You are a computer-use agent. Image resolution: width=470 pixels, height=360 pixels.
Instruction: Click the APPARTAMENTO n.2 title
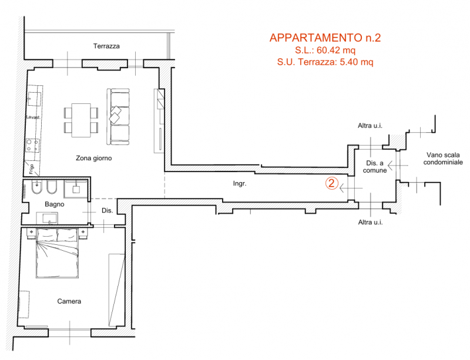[325, 38]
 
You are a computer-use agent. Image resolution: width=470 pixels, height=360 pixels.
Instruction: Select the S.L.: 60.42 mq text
[325, 50]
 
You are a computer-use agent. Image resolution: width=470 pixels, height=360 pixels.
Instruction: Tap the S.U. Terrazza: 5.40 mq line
[325, 62]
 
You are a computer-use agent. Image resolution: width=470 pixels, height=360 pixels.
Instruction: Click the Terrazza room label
[106, 46]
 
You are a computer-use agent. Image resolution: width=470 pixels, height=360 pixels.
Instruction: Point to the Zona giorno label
[94, 158]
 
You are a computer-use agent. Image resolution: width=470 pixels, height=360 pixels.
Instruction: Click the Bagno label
[54, 204]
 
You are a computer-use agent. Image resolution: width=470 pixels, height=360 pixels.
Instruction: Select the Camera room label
[69, 301]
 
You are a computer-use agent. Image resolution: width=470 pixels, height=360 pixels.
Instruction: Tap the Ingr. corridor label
[240, 183]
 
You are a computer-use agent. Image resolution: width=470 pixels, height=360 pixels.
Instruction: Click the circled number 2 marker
[332, 183]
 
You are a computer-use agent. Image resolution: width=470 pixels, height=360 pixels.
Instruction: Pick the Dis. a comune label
[375, 167]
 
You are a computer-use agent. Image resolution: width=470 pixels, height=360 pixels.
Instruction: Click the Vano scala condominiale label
[443, 159]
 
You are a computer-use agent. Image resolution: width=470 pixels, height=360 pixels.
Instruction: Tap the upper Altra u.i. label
[370, 126]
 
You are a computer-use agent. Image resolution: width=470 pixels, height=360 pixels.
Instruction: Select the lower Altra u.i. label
[371, 222]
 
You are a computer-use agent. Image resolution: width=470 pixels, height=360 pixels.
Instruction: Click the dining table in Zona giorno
[81, 120]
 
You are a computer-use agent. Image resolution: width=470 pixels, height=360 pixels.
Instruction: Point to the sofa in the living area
[118, 117]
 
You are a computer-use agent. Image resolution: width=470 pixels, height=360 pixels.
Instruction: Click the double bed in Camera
[57, 253]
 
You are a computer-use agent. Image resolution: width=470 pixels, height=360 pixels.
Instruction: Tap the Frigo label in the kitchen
[32, 169]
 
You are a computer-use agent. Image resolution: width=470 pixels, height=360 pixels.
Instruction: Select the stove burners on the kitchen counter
[33, 146]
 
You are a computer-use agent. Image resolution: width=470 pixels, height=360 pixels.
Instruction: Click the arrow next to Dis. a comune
[398, 166]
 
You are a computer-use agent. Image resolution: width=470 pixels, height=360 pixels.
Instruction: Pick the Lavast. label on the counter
[33, 117]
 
